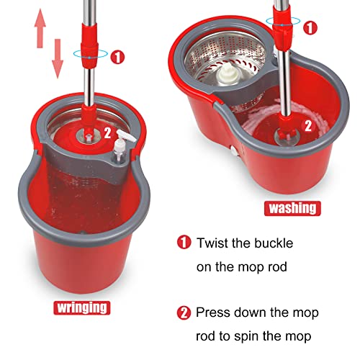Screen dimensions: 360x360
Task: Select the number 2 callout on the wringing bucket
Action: tap(108, 132)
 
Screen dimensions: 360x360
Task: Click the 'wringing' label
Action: tap(82, 307)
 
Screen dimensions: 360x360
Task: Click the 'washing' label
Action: tap(292, 208)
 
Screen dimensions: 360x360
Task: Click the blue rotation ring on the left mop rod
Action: tap(89, 53)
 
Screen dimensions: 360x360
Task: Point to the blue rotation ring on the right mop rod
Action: tap(283, 26)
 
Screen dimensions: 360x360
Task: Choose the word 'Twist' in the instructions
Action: tap(215, 243)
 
